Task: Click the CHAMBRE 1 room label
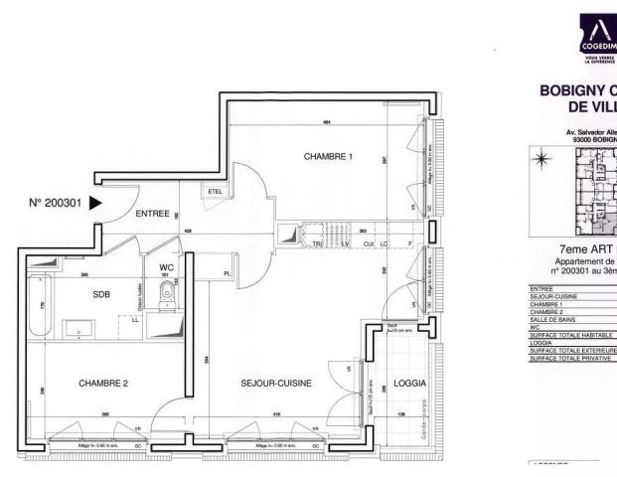point(329,157)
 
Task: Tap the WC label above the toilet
point(166,266)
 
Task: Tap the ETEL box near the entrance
point(215,191)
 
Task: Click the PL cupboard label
point(228,272)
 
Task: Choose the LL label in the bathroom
point(134,319)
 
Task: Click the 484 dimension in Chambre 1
point(325,122)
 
